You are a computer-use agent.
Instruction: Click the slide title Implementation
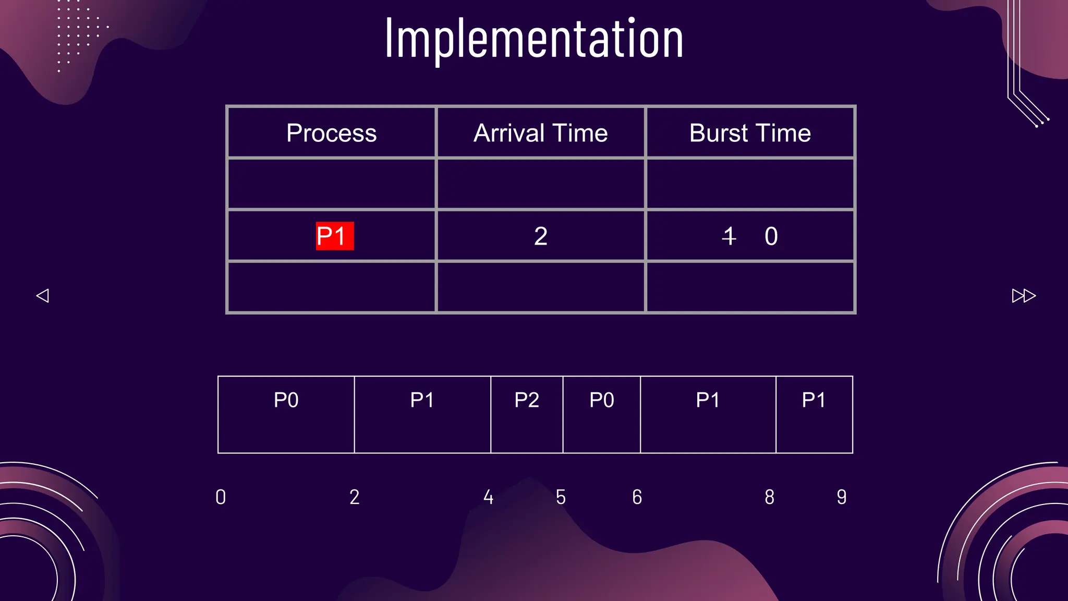click(534, 39)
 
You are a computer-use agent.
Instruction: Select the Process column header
click(332, 133)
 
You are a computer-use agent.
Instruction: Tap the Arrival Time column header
click(541, 133)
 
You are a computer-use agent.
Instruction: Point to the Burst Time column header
click(750, 133)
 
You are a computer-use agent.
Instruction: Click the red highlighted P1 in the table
click(334, 236)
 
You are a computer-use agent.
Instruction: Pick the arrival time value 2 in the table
click(541, 236)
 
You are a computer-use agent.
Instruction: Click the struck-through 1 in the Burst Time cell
click(729, 236)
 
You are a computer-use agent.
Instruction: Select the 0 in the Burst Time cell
click(771, 236)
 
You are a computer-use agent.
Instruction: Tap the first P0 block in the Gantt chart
click(286, 414)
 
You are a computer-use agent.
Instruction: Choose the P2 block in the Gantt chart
click(527, 414)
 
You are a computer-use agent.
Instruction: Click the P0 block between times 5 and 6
click(602, 414)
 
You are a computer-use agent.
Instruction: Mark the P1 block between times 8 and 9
click(814, 414)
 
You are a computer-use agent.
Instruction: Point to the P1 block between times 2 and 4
click(422, 414)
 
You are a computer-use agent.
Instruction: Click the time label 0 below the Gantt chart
click(221, 497)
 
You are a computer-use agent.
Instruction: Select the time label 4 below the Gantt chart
click(488, 497)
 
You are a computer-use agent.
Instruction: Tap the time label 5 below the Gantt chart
click(561, 497)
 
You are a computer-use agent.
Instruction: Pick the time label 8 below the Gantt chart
click(769, 497)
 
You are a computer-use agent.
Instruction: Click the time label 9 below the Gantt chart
click(842, 497)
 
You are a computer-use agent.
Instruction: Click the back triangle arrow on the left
click(43, 296)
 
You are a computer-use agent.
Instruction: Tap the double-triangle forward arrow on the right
click(1024, 296)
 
